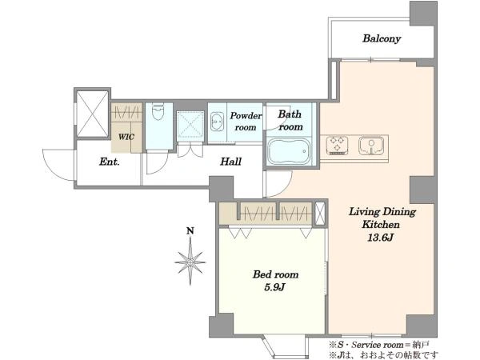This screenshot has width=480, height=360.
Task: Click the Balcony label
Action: [x=382, y=39]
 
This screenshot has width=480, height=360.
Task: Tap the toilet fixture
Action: [x=158, y=112]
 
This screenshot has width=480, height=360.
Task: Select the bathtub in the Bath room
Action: [x=289, y=152]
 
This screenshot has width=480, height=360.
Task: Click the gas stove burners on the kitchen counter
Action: [x=337, y=145]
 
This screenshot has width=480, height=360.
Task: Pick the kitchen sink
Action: [x=371, y=146]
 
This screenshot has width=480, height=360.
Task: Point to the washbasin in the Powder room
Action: [x=217, y=122]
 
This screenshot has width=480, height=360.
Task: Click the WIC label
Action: [x=126, y=137]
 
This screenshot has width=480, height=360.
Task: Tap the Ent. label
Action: [x=110, y=162]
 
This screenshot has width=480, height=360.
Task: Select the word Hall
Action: [x=231, y=162]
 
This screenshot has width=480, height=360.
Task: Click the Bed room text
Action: [x=275, y=274]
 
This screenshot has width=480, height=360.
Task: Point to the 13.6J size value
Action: [x=380, y=238]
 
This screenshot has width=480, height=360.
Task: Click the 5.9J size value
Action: [x=274, y=287]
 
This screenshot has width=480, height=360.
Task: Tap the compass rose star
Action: [x=190, y=262]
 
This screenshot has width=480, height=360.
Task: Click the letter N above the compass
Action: [x=190, y=231]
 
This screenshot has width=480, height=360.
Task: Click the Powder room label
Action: [x=246, y=122]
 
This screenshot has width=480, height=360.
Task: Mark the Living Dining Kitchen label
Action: [x=382, y=218]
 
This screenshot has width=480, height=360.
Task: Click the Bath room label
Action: [x=290, y=120]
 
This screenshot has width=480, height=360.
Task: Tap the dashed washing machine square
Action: [x=190, y=126]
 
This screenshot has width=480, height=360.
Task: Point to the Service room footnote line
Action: [x=379, y=345]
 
